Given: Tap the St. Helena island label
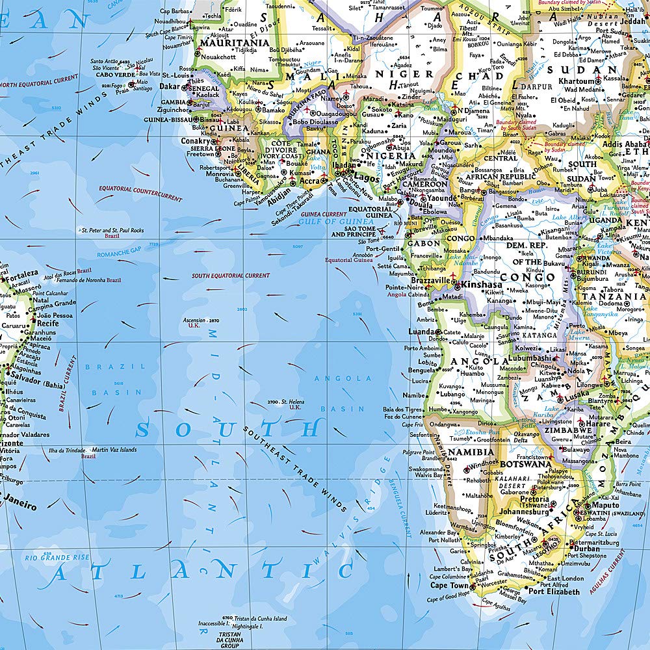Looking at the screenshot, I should coord(292,402).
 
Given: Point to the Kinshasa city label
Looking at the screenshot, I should coord(481,285).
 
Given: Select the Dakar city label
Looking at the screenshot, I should coord(171,86).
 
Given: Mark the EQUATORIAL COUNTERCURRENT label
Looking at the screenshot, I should coord(140,193).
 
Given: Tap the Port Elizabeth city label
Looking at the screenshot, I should coord(554,591).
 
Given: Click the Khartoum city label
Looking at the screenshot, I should coord(577,82).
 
